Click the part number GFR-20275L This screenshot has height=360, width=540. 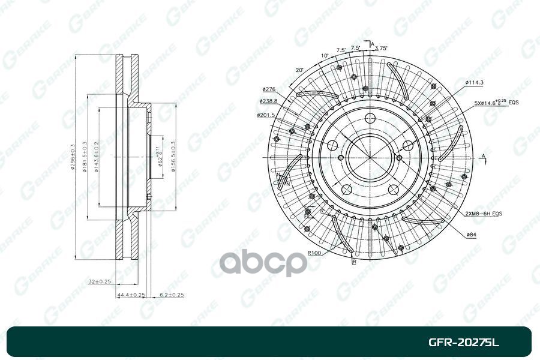[x=463, y=343]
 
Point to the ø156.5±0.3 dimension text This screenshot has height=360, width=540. [x=173, y=157]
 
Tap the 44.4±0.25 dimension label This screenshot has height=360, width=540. [x=131, y=295]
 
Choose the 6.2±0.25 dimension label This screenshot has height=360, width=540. [x=172, y=295]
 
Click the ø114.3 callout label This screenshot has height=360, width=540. [x=474, y=82]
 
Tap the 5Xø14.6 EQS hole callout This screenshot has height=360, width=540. [x=496, y=103]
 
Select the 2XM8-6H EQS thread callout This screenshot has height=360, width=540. [x=484, y=214]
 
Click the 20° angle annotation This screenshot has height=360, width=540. [x=299, y=70]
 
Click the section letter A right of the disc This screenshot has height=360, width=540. [x=483, y=156]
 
